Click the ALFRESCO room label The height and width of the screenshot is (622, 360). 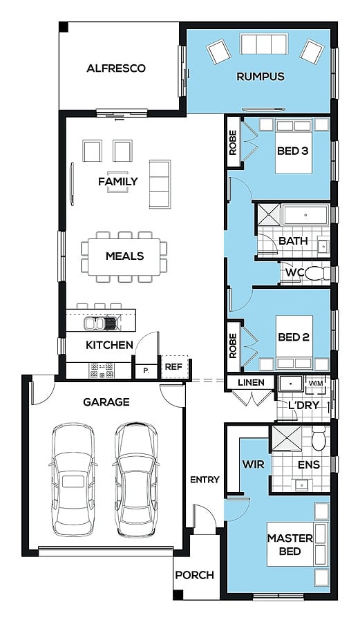116,68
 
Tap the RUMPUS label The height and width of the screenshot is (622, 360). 260,76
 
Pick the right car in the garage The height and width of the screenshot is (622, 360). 136,478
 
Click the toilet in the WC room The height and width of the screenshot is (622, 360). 317,273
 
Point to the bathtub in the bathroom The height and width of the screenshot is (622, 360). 305,216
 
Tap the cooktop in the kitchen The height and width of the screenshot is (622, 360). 102,370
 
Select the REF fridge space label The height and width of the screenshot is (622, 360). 173,367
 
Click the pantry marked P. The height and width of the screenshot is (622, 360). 146,371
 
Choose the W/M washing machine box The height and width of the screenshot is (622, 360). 316,384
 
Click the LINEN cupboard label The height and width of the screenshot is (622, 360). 251,382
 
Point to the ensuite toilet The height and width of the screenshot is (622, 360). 319,439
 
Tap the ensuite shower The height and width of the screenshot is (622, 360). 286,438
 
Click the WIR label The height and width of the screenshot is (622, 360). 254,464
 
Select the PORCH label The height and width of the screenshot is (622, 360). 195,575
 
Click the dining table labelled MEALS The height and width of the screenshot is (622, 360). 124,256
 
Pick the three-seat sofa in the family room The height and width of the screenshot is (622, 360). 160,184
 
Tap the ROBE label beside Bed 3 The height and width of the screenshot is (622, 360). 233,143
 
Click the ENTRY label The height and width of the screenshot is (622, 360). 205,480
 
